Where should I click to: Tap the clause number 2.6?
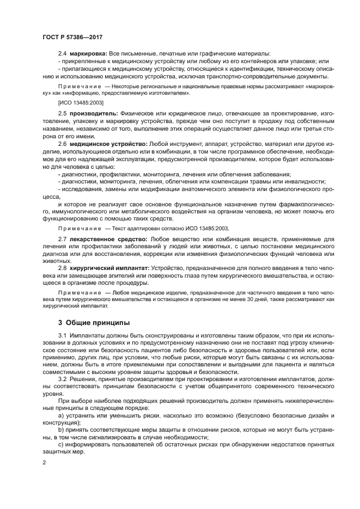click(62, 143)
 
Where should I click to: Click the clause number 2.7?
click(62, 238)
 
